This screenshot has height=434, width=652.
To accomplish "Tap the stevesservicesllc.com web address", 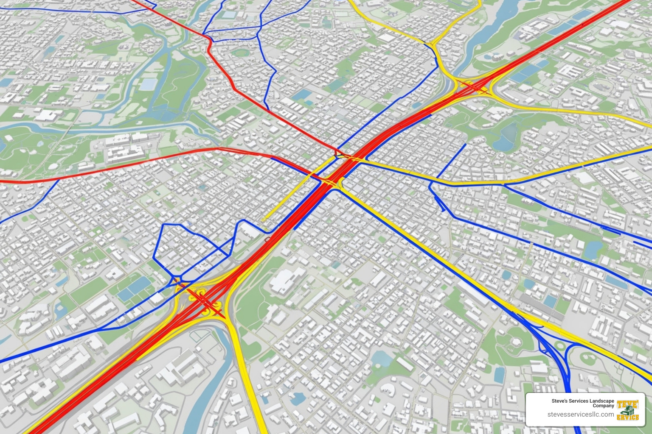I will click(x=580, y=414).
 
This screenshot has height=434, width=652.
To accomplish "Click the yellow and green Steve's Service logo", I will click(x=627, y=410).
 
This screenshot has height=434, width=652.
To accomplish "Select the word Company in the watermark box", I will click(x=603, y=406).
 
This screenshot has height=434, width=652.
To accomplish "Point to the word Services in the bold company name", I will click(x=579, y=401).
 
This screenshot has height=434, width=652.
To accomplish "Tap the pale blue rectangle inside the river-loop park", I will click(x=148, y=84).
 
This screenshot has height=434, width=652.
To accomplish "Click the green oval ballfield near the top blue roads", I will click(x=240, y=53).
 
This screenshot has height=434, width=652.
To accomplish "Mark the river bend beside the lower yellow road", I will click(x=221, y=373).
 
